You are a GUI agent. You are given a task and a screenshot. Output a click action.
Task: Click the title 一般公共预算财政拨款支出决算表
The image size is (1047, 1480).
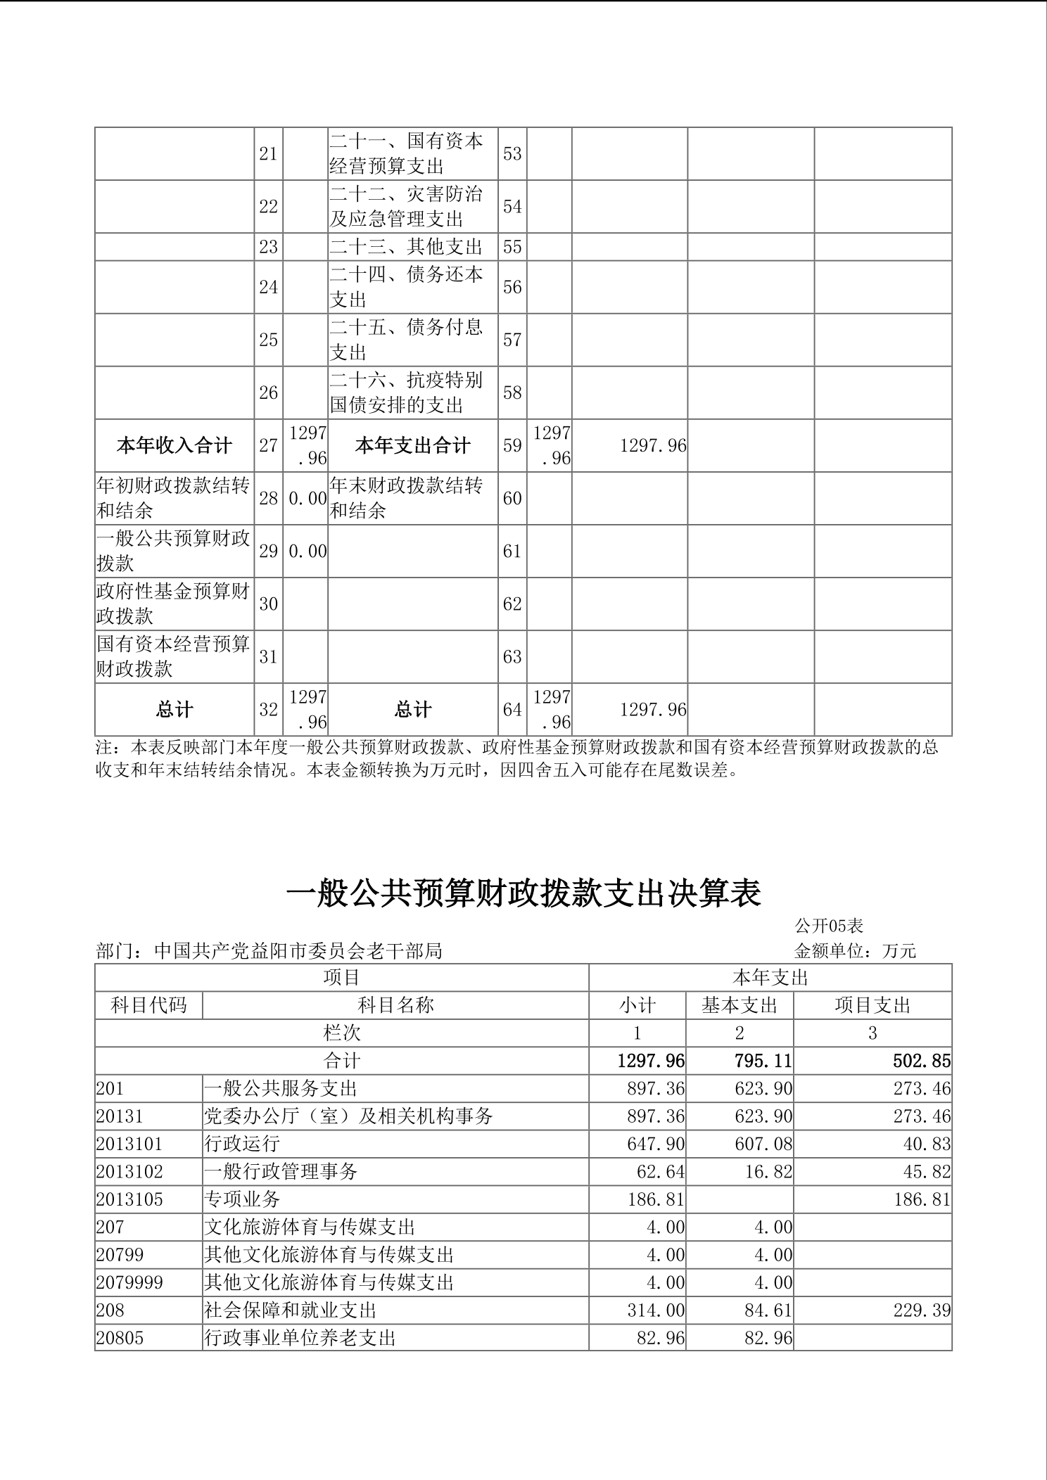523,893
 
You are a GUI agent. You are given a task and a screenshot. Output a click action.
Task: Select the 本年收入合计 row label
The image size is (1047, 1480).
174,446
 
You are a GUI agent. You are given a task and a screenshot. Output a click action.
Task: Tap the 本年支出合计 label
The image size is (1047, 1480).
412,446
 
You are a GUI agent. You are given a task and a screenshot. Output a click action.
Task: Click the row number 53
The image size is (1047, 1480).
512,153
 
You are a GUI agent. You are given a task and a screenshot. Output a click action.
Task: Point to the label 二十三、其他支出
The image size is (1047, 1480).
406,247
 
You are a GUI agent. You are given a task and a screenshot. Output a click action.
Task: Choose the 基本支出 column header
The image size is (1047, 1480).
739,1005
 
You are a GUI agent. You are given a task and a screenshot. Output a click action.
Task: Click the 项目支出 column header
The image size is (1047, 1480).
872,1005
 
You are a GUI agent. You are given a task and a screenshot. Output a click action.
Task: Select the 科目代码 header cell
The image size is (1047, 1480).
148,1005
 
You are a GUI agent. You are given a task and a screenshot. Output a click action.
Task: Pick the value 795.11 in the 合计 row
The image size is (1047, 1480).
763,1061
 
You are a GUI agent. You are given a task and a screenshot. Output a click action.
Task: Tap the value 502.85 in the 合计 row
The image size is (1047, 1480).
922,1061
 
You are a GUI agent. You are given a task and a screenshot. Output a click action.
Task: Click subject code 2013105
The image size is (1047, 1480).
129,1199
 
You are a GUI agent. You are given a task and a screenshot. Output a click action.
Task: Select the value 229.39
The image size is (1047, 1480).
922,1310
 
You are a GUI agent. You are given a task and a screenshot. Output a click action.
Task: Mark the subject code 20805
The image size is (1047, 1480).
120,1338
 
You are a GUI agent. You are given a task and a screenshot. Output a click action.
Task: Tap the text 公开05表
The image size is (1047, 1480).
829,926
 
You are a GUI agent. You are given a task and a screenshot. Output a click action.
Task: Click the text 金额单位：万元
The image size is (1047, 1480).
855,951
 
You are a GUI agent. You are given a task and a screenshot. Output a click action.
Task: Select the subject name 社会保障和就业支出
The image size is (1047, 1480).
291,1310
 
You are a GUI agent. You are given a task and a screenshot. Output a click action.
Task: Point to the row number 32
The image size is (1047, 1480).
268,710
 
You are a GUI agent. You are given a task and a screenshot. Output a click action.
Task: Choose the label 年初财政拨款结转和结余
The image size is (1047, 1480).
173,498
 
